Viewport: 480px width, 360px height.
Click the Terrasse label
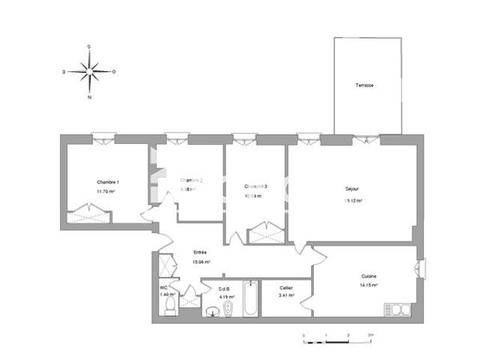(366, 85)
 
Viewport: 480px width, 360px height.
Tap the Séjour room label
(352, 189)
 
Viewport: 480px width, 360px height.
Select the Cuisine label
(368, 276)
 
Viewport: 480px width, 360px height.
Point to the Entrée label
(200, 252)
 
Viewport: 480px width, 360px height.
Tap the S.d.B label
(225, 288)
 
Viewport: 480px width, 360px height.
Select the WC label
(163, 287)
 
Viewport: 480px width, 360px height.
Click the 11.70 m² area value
(106, 191)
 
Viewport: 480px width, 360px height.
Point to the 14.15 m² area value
(369, 285)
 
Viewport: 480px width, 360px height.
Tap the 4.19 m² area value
(226, 296)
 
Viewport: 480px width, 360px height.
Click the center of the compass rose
(89, 72)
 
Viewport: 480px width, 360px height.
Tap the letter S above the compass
(89, 46)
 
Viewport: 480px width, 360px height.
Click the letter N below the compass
(89, 98)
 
